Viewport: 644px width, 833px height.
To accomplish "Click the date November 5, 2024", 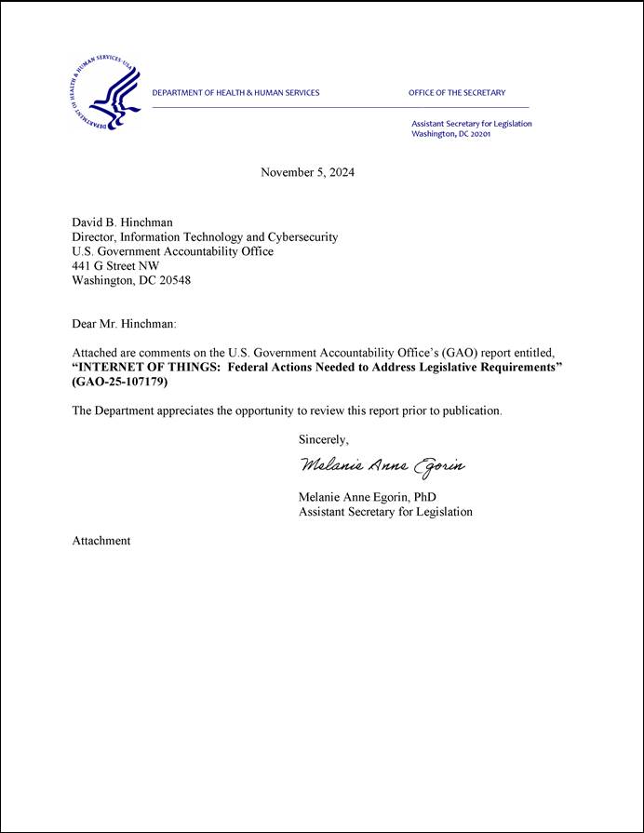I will pyautogui.click(x=307, y=172).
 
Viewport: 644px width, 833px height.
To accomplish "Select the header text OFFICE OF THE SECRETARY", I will pyautogui.click(x=456, y=93).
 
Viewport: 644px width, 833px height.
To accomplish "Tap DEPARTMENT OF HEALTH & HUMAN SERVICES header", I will pyautogui.click(x=235, y=93).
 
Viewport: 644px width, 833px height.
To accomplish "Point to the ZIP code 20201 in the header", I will pyautogui.click(x=478, y=134).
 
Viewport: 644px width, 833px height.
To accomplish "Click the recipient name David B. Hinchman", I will pyautogui.click(x=122, y=222).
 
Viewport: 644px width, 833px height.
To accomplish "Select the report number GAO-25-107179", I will pyautogui.click(x=120, y=383).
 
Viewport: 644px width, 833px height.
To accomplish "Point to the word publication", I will pyautogui.click(x=469, y=410).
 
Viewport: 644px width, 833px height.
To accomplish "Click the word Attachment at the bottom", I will pyautogui.click(x=101, y=541).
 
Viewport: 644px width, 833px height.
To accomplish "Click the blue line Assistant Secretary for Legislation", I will pyautogui.click(x=472, y=124).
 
